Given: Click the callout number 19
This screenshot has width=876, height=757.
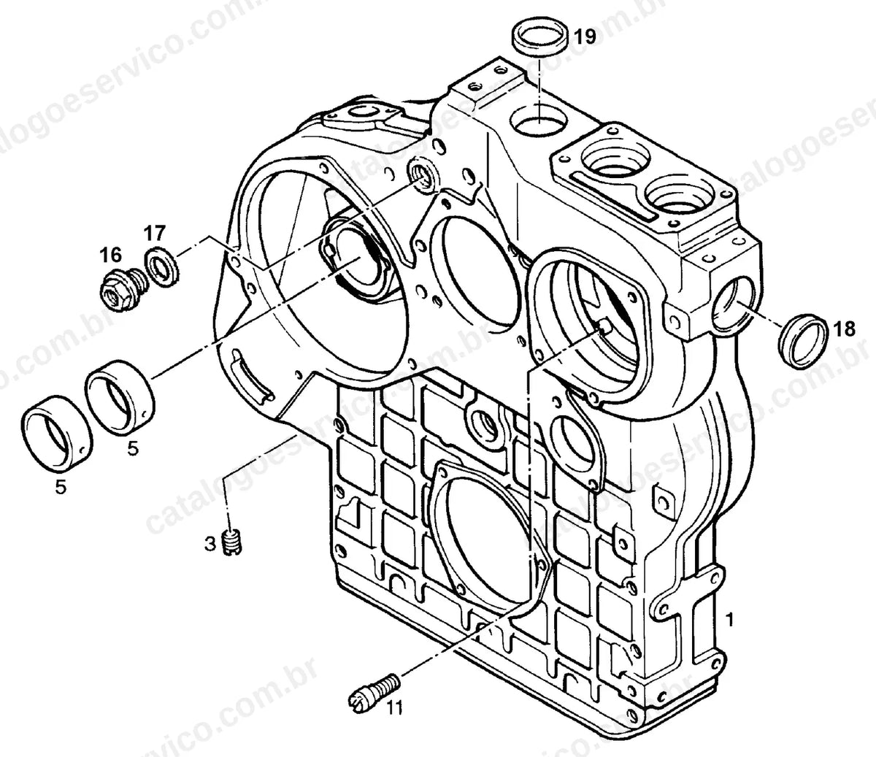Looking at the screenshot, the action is pyautogui.click(x=585, y=36).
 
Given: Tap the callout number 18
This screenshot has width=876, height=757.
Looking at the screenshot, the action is pyautogui.click(x=844, y=329).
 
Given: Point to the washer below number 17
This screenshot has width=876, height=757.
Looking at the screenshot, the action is pyautogui.click(x=161, y=268).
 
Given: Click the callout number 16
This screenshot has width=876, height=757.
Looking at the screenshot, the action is pyautogui.click(x=111, y=255).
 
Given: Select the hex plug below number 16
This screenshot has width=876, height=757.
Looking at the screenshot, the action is pyautogui.click(x=124, y=291).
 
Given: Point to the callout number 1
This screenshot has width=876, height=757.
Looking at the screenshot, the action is pyautogui.click(x=729, y=620).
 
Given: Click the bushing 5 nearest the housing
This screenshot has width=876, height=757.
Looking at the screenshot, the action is pyautogui.click(x=120, y=396).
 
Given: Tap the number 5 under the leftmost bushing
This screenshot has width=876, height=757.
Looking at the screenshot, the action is pyautogui.click(x=61, y=488).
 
